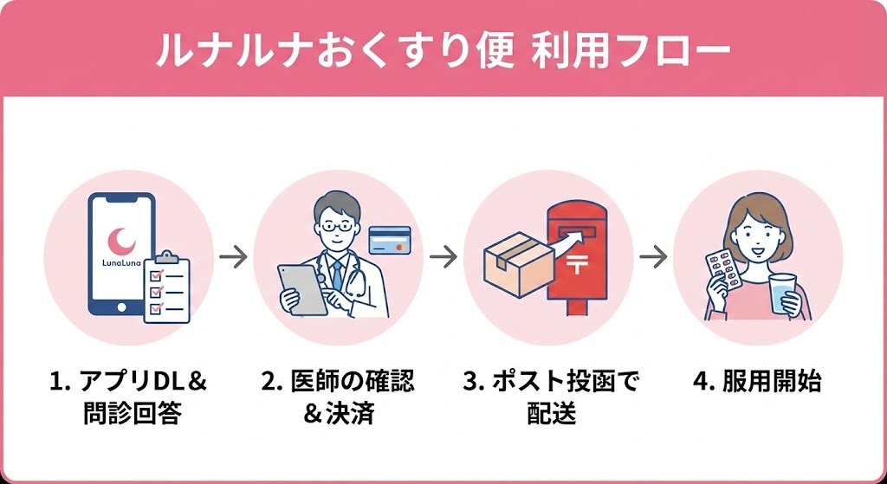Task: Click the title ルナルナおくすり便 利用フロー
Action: coord(443,49)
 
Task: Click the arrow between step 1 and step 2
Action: coord(233,257)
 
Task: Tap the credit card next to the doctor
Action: coord(389,240)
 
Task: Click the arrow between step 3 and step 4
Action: coord(653,257)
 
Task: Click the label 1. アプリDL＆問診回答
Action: coord(127,397)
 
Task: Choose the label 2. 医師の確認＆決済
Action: coord(338,397)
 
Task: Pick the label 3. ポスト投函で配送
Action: coord(550,397)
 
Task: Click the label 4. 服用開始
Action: coord(759,381)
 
